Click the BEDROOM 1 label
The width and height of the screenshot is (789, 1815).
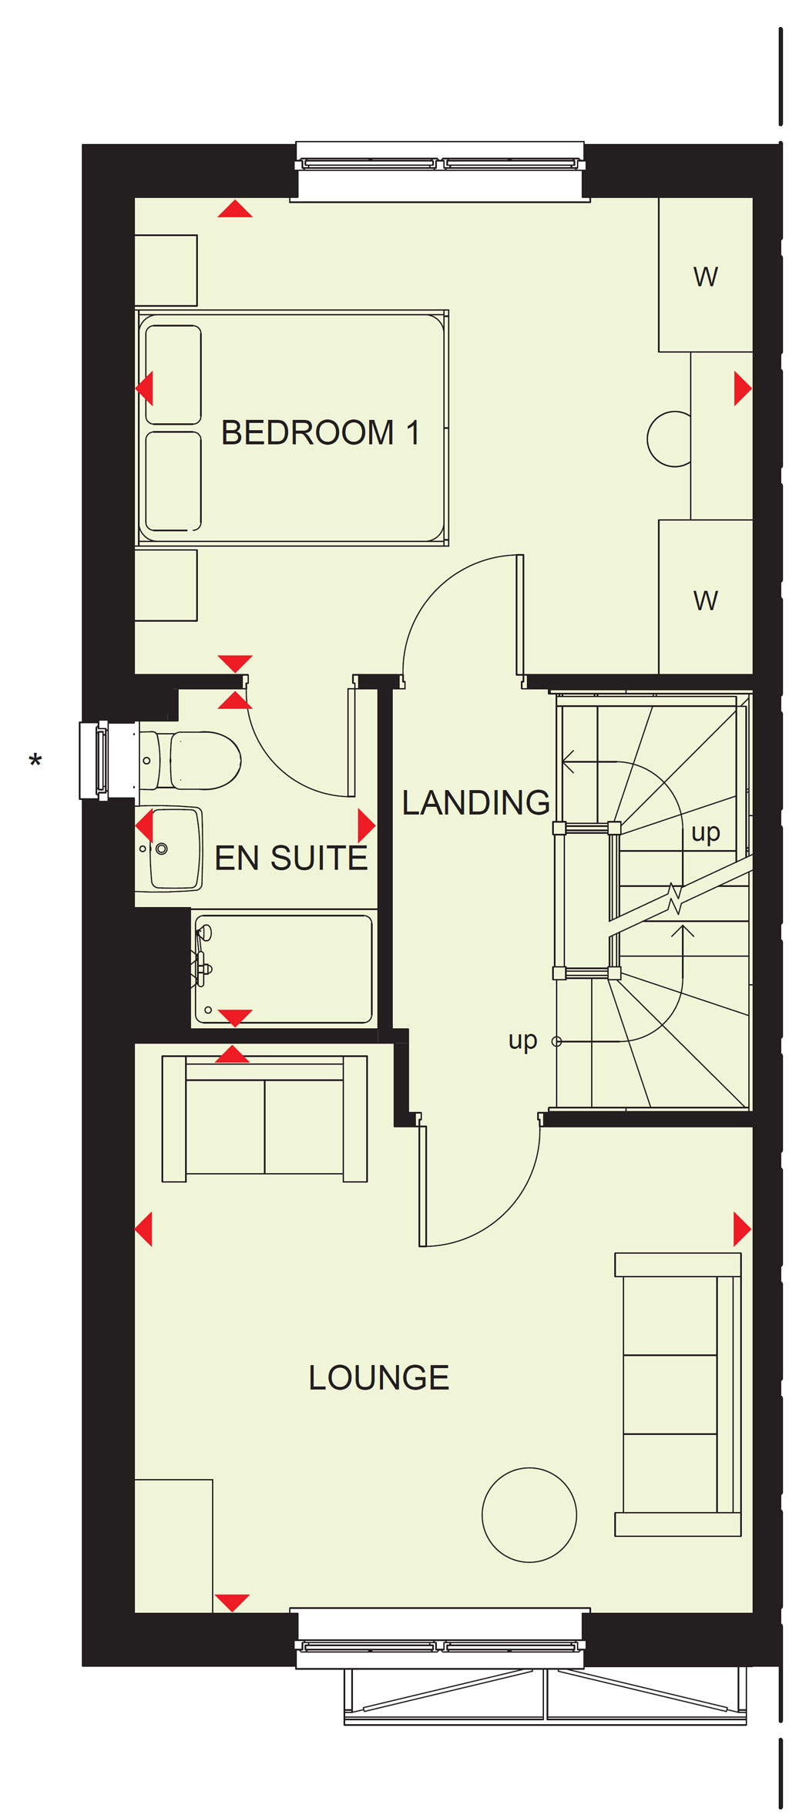(321, 433)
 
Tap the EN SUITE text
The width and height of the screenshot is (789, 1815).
(291, 859)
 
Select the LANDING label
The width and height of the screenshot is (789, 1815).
(476, 803)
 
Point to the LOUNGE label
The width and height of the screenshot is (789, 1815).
(379, 1378)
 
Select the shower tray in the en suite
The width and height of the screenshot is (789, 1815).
(284, 969)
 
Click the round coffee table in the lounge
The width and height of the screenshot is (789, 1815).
(529, 1514)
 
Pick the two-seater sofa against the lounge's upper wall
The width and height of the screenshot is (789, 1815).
(264, 1118)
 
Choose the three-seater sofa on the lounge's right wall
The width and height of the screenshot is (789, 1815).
(678, 1394)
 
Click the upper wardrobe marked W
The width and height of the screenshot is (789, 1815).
(706, 275)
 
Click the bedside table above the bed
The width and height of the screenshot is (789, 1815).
(166, 271)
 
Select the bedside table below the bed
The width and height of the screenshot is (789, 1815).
(166, 585)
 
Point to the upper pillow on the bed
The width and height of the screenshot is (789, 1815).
(173, 375)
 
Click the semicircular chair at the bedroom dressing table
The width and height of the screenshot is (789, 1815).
(669, 439)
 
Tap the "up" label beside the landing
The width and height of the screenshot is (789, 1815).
(522, 1041)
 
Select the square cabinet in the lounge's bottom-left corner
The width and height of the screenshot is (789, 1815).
(174, 1545)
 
